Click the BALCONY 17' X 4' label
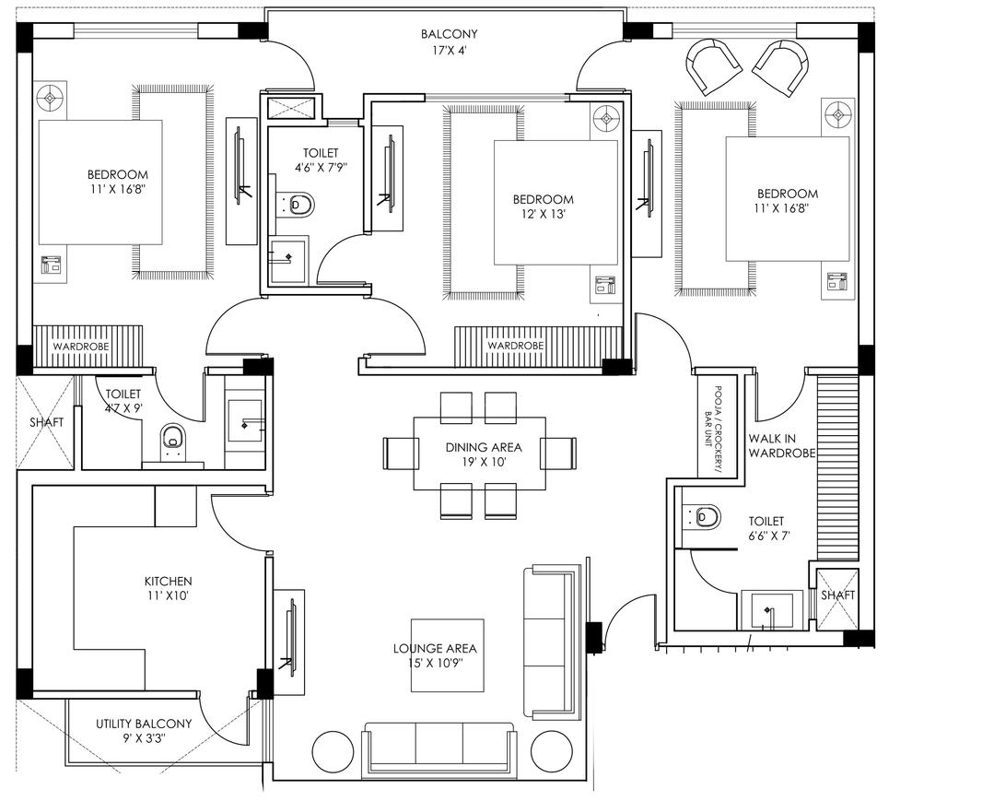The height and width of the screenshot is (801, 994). (450, 41)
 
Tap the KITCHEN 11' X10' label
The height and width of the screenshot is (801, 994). (168, 588)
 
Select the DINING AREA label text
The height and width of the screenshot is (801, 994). (478, 447)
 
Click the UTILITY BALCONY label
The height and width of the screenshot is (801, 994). (144, 724)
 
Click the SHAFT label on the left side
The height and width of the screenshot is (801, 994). (46, 422)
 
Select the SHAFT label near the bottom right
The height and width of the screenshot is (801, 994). (837, 595)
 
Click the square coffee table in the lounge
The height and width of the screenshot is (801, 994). (448, 654)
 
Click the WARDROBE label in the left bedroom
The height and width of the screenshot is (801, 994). (80, 346)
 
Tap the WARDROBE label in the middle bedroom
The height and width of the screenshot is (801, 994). (515, 346)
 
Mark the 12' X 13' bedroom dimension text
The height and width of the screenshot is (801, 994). (543, 215)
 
